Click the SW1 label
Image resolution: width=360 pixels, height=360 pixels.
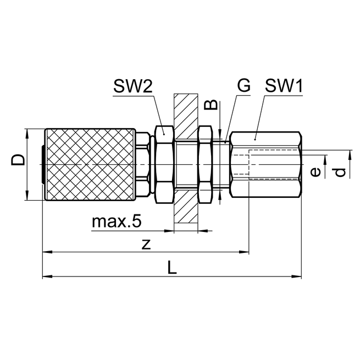[x=285, y=86]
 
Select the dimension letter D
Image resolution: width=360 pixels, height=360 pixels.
[x=19, y=160]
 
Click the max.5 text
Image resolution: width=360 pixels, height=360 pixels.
[x=117, y=221]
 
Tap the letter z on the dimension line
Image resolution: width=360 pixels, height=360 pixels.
[x=146, y=245]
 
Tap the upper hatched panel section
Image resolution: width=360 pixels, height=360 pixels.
[x=185, y=113]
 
